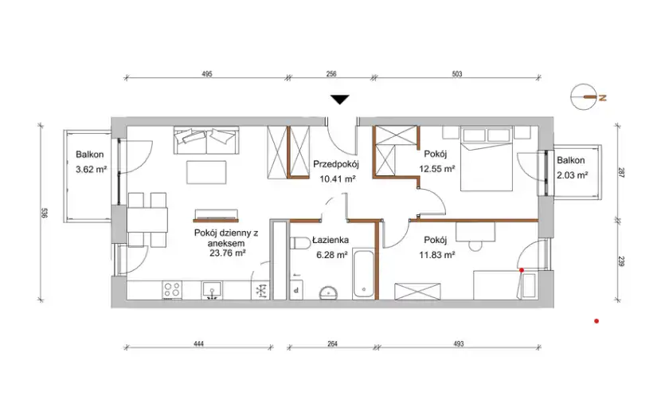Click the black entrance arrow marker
pos(340,100)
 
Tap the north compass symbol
pos(587,97)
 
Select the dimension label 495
pos(206,74)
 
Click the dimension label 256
pos(331,74)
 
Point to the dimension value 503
pos(457,74)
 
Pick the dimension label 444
pos(198,343)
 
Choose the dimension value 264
pos(333,343)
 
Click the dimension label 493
pos(459,343)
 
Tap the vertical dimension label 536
pos(45,213)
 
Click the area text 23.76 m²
pos(228,253)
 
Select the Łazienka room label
pos(331,240)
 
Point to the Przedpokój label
pos(336,163)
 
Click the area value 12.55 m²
pos(437,169)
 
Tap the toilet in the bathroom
pos(301,244)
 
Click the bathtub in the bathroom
pos(363,274)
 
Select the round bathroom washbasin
pos(329,292)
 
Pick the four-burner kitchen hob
pos(172,290)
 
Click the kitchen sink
pos(212,290)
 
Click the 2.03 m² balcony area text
pos(572,175)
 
